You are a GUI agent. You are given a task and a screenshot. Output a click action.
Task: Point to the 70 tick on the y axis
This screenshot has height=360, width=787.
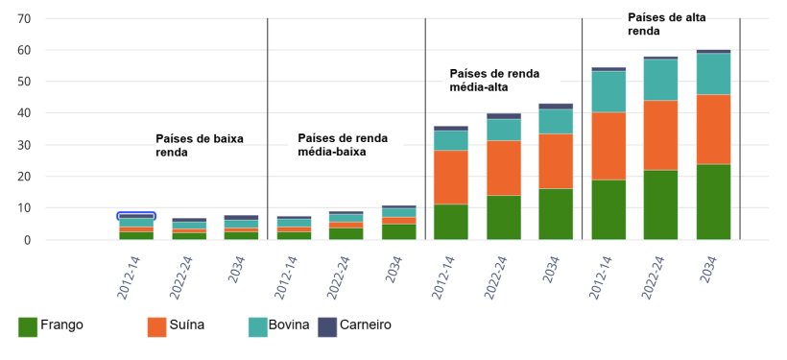(25, 19)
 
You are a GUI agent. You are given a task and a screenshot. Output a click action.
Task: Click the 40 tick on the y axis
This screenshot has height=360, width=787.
(25, 113)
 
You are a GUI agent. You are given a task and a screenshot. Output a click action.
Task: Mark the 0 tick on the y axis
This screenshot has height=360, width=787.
(29, 240)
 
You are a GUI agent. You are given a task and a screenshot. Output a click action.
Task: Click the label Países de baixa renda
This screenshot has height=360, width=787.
(199, 145)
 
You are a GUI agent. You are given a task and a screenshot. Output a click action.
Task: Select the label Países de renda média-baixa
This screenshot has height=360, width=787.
(343, 144)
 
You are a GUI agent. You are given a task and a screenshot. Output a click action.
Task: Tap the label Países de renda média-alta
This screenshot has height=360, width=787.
(494, 80)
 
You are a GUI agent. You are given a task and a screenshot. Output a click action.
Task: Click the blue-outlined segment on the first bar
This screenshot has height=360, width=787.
(136, 216)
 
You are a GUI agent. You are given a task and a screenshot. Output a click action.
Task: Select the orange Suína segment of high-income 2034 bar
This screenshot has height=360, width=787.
(713, 129)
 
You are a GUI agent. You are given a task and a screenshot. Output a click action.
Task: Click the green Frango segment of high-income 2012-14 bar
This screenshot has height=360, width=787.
(608, 209)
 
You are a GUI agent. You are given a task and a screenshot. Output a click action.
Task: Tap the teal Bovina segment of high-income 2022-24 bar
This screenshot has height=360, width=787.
(660, 80)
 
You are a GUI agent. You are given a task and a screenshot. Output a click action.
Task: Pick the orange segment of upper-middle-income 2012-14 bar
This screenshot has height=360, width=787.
(450, 177)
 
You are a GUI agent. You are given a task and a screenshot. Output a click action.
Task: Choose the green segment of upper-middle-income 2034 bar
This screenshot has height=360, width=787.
(556, 213)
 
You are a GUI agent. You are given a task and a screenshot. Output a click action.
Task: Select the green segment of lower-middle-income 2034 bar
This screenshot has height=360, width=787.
(398, 231)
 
